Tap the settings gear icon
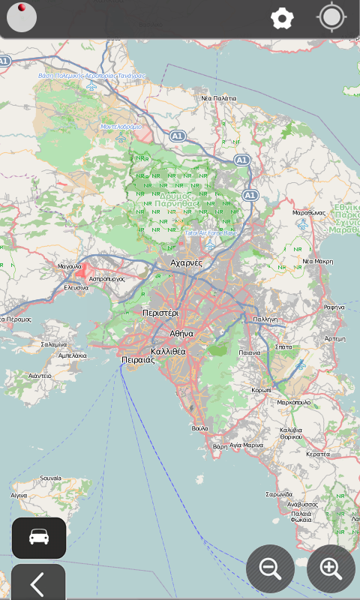282,18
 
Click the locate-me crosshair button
331,17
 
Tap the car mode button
39,537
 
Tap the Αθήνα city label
181,333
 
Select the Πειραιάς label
138,360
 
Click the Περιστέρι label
160,312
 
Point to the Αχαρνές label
187,263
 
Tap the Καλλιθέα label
168,351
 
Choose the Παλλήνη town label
265,319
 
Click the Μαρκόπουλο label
294,403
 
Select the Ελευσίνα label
76,287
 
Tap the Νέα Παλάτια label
218,98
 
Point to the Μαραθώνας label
308,213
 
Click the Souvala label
50,478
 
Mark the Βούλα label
199,428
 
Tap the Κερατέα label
317,454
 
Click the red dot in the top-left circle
22,7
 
